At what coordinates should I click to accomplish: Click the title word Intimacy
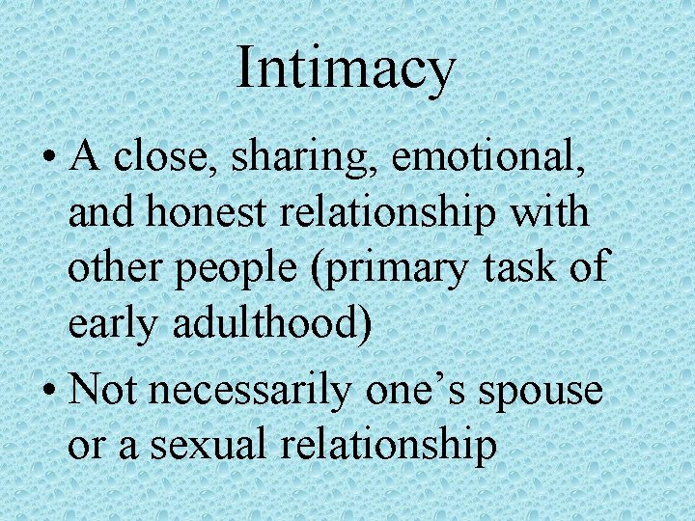tap(345, 69)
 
